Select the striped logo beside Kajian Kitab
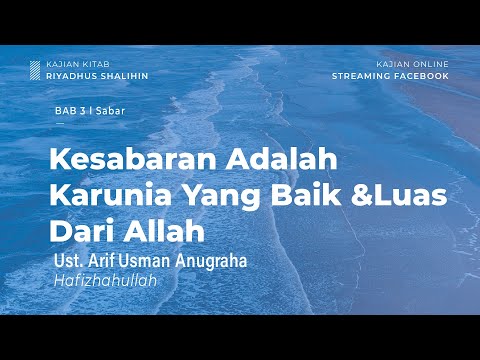[35, 69]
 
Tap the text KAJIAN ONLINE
[412, 63]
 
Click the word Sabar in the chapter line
[111, 111]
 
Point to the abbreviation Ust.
[68, 261]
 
